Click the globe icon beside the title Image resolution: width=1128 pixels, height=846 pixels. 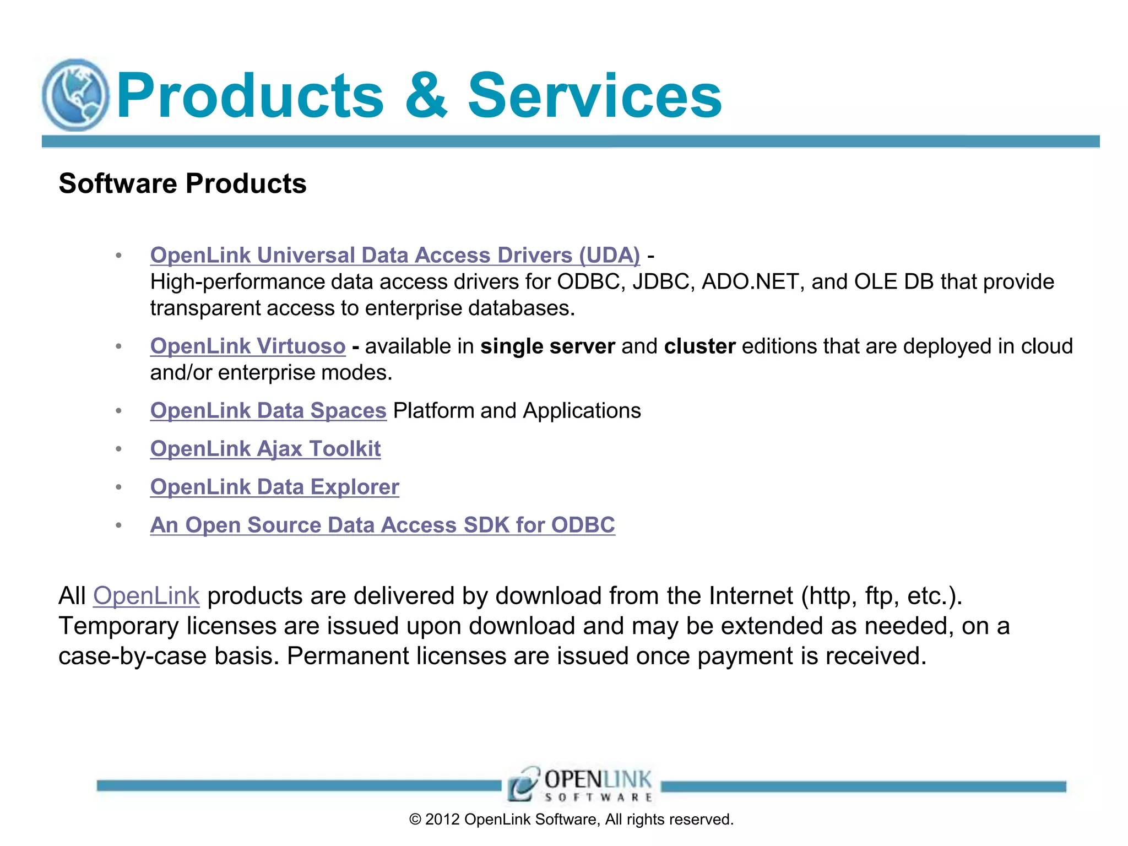pos(75,95)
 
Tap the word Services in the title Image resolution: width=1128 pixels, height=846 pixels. pos(594,96)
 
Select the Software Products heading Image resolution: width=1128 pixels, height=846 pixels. pos(182,183)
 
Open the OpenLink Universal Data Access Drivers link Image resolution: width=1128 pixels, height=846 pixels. pos(395,255)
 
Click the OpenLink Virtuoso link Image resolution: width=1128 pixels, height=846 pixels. pos(248,346)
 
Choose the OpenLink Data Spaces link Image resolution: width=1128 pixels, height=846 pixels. pos(268,410)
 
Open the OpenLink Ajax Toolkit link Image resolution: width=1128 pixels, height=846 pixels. pos(265,448)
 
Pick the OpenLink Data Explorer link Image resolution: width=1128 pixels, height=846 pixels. pos(274,487)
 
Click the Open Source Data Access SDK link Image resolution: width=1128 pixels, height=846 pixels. pos(382,525)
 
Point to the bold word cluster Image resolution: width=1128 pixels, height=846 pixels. pos(699,346)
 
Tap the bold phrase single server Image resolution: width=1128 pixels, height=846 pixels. pos(547,346)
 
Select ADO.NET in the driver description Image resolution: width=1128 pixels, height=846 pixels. pos(750,281)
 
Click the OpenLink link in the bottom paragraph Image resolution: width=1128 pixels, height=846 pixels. pos(146,596)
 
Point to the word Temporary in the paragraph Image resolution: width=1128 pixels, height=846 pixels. pos(118,626)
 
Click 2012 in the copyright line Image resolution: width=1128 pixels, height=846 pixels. pos(442,820)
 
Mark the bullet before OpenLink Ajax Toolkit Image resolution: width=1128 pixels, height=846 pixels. pos(118,449)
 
